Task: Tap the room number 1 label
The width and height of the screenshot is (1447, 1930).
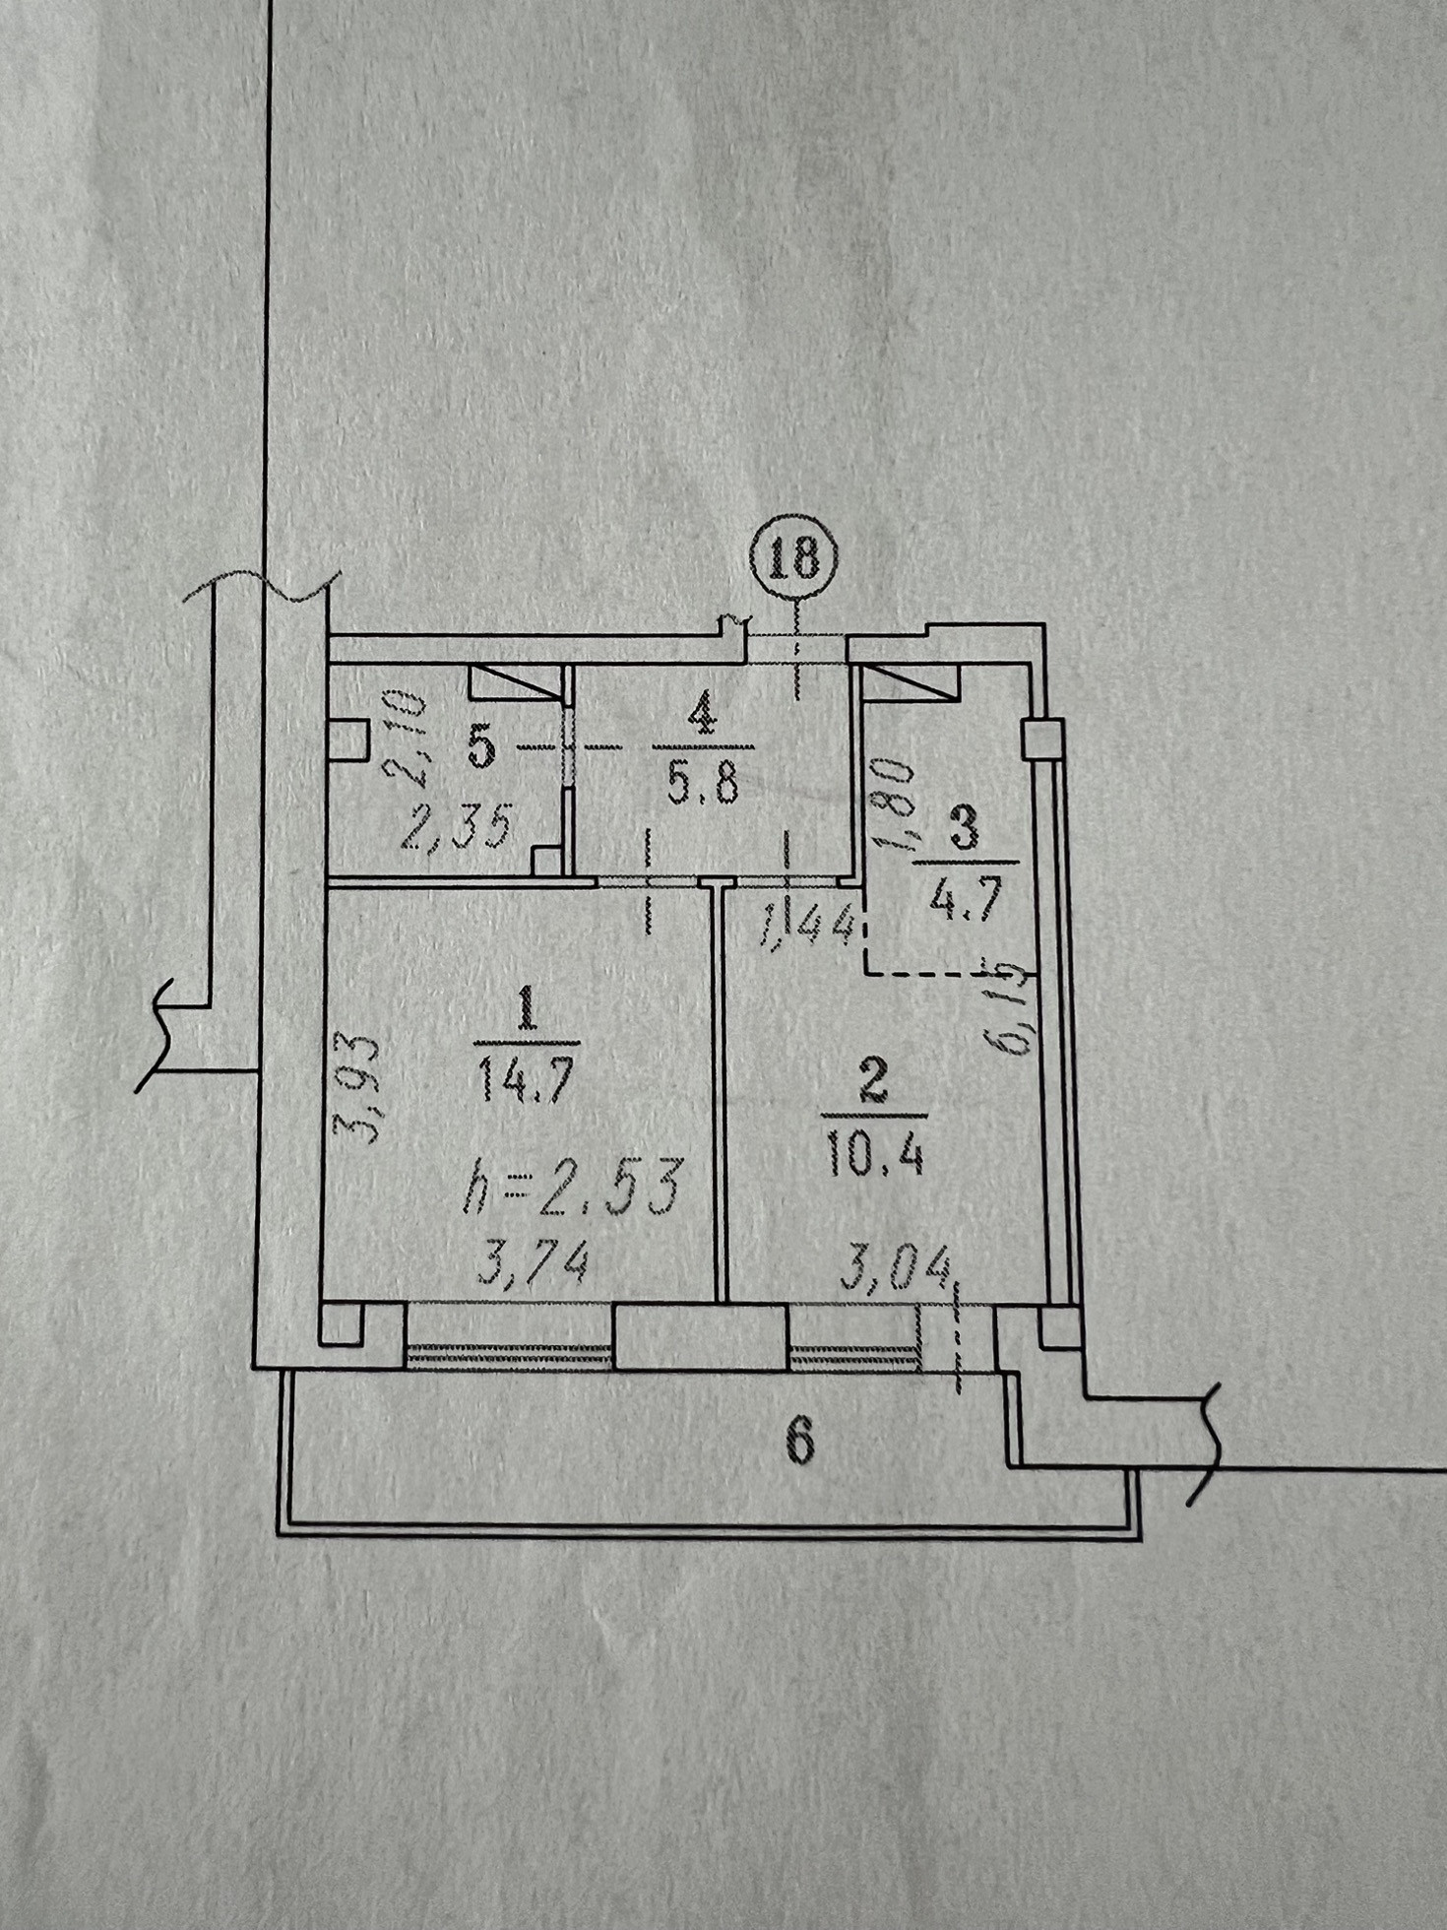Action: (x=526, y=1009)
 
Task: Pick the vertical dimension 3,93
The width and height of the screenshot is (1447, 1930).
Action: (x=363, y=1086)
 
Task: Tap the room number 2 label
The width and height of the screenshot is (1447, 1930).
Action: (x=873, y=1081)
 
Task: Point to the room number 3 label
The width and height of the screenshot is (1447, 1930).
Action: (x=965, y=830)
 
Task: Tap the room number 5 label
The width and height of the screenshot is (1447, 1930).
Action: (x=479, y=747)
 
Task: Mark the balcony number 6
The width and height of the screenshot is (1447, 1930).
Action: (x=799, y=1442)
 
